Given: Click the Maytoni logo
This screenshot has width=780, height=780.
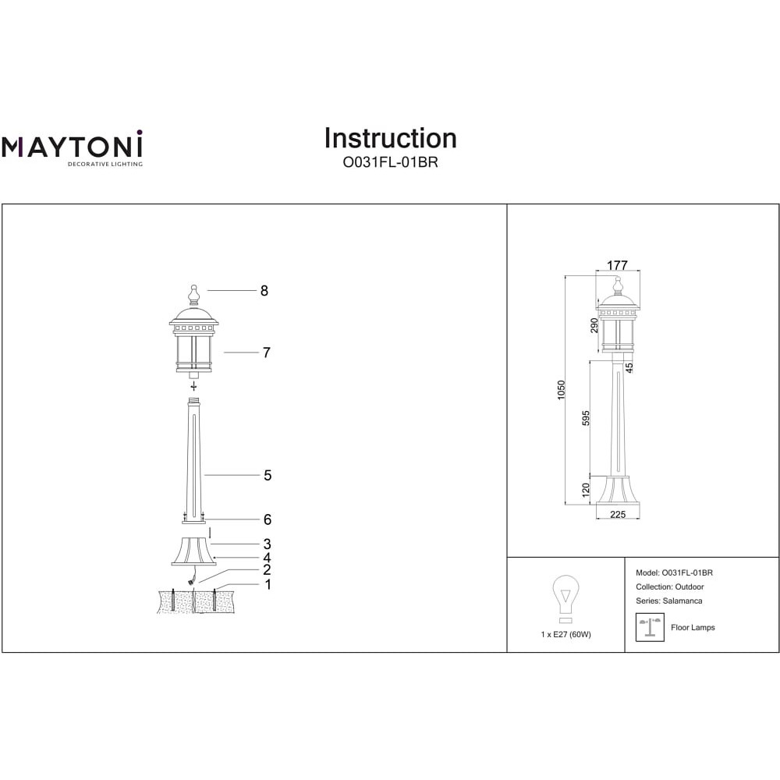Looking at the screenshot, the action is tap(72, 148).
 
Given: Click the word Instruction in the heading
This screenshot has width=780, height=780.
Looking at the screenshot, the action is tap(391, 138).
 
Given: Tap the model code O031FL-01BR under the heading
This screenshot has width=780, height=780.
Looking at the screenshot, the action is tap(391, 162).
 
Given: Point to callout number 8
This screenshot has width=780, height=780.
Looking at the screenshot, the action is tap(264, 290).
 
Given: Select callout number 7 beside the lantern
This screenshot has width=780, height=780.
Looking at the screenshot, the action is tap(267, 353).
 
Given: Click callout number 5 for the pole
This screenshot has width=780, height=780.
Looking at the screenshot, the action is tap(268, 475).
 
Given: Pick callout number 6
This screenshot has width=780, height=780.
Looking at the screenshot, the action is tap(268, 519).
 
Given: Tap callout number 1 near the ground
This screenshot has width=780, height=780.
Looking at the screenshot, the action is tap(268, 584).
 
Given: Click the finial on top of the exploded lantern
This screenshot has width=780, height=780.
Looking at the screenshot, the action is tap(194, 295).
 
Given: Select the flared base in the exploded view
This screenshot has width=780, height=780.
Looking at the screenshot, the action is tap(194, 551).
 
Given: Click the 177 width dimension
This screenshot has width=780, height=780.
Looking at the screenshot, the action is tap(617, 265).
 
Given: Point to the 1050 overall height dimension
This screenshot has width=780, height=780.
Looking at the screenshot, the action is tap(562, 390).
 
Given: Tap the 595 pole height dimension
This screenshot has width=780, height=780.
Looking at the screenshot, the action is tap(586, 418).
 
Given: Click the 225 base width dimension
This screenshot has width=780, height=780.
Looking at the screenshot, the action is tap(618, 514).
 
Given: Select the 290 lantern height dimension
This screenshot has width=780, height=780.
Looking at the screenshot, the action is tap(594, 325).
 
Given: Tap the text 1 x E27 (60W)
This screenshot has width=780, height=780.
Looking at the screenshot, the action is tap(566, 634).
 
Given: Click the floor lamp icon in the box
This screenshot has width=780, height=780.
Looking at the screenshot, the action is tap(651, 627).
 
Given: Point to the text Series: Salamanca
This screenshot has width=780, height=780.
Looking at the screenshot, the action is tap(669, 601).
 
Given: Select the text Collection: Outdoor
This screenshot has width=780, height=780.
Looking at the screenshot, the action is tap(670, 587).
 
